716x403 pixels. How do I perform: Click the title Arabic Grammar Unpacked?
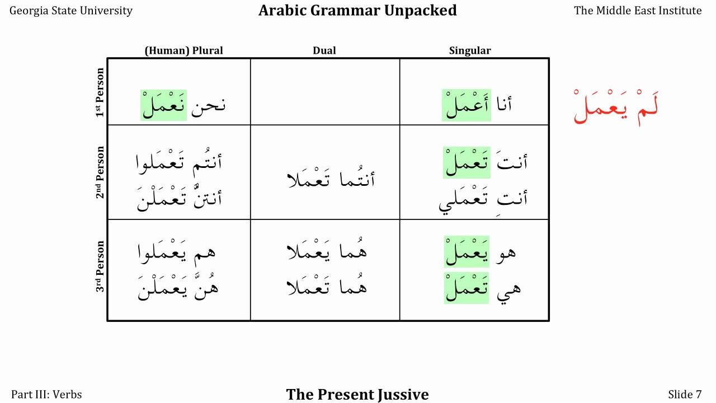click(x=357, y=11)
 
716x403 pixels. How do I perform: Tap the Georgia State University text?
click(x=71, y=11)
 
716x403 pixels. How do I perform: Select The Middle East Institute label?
click(x=638, y=11)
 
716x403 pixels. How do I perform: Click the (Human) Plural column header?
click(x=183, y=50)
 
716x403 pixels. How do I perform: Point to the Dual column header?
click(x=324, y=50)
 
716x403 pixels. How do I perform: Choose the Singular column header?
click(x=470, y=50)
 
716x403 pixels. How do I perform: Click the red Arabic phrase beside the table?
click(x=616, y=106)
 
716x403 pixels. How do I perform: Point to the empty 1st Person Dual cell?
click(x=325, y=92)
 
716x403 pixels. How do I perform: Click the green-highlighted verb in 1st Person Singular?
click(x=466, y=105)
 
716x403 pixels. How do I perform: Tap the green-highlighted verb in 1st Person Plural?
click(x=163, y=105)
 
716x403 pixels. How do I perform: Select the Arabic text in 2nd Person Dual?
click(x=330, y=179)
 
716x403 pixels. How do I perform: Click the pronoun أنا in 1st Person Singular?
click(x=503, y=105)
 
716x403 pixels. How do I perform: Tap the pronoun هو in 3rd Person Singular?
click(x=505, y=252)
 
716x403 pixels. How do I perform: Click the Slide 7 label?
click(x=685, y=395)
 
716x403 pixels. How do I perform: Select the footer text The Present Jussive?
click(x=357, y=395)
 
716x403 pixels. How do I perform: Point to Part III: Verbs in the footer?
click(x=46, y=395)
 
